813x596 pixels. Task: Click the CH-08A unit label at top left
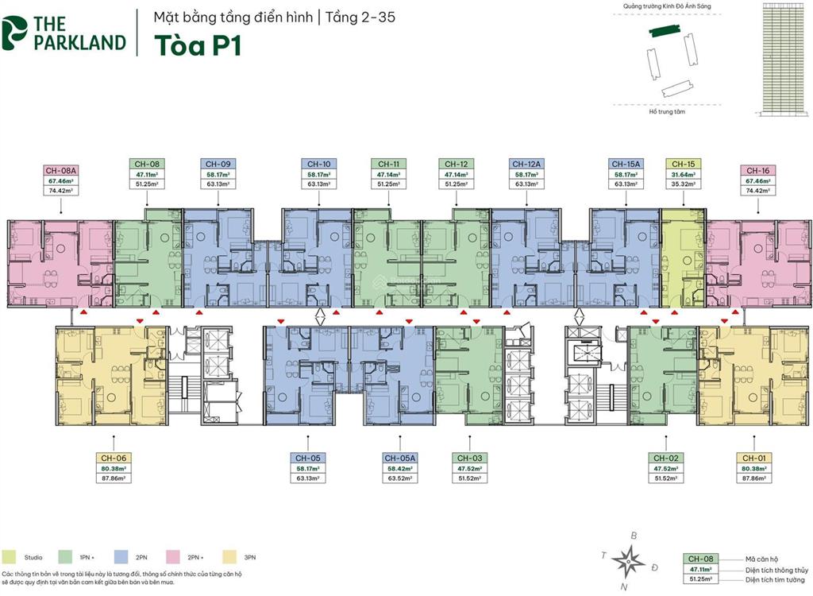(60, 170)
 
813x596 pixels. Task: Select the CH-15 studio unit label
(683, 164)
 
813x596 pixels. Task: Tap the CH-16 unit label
(757, 170)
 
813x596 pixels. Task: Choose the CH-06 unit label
(113, 458)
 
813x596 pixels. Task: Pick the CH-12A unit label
(526, 164)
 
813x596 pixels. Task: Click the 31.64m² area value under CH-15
(683, 174)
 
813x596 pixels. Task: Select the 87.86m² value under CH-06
(113, 478)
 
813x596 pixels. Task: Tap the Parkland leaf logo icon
(15, 32)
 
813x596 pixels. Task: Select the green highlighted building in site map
(665, 32)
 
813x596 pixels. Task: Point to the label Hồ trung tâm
(666, 112)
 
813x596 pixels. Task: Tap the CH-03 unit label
(470, 458)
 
